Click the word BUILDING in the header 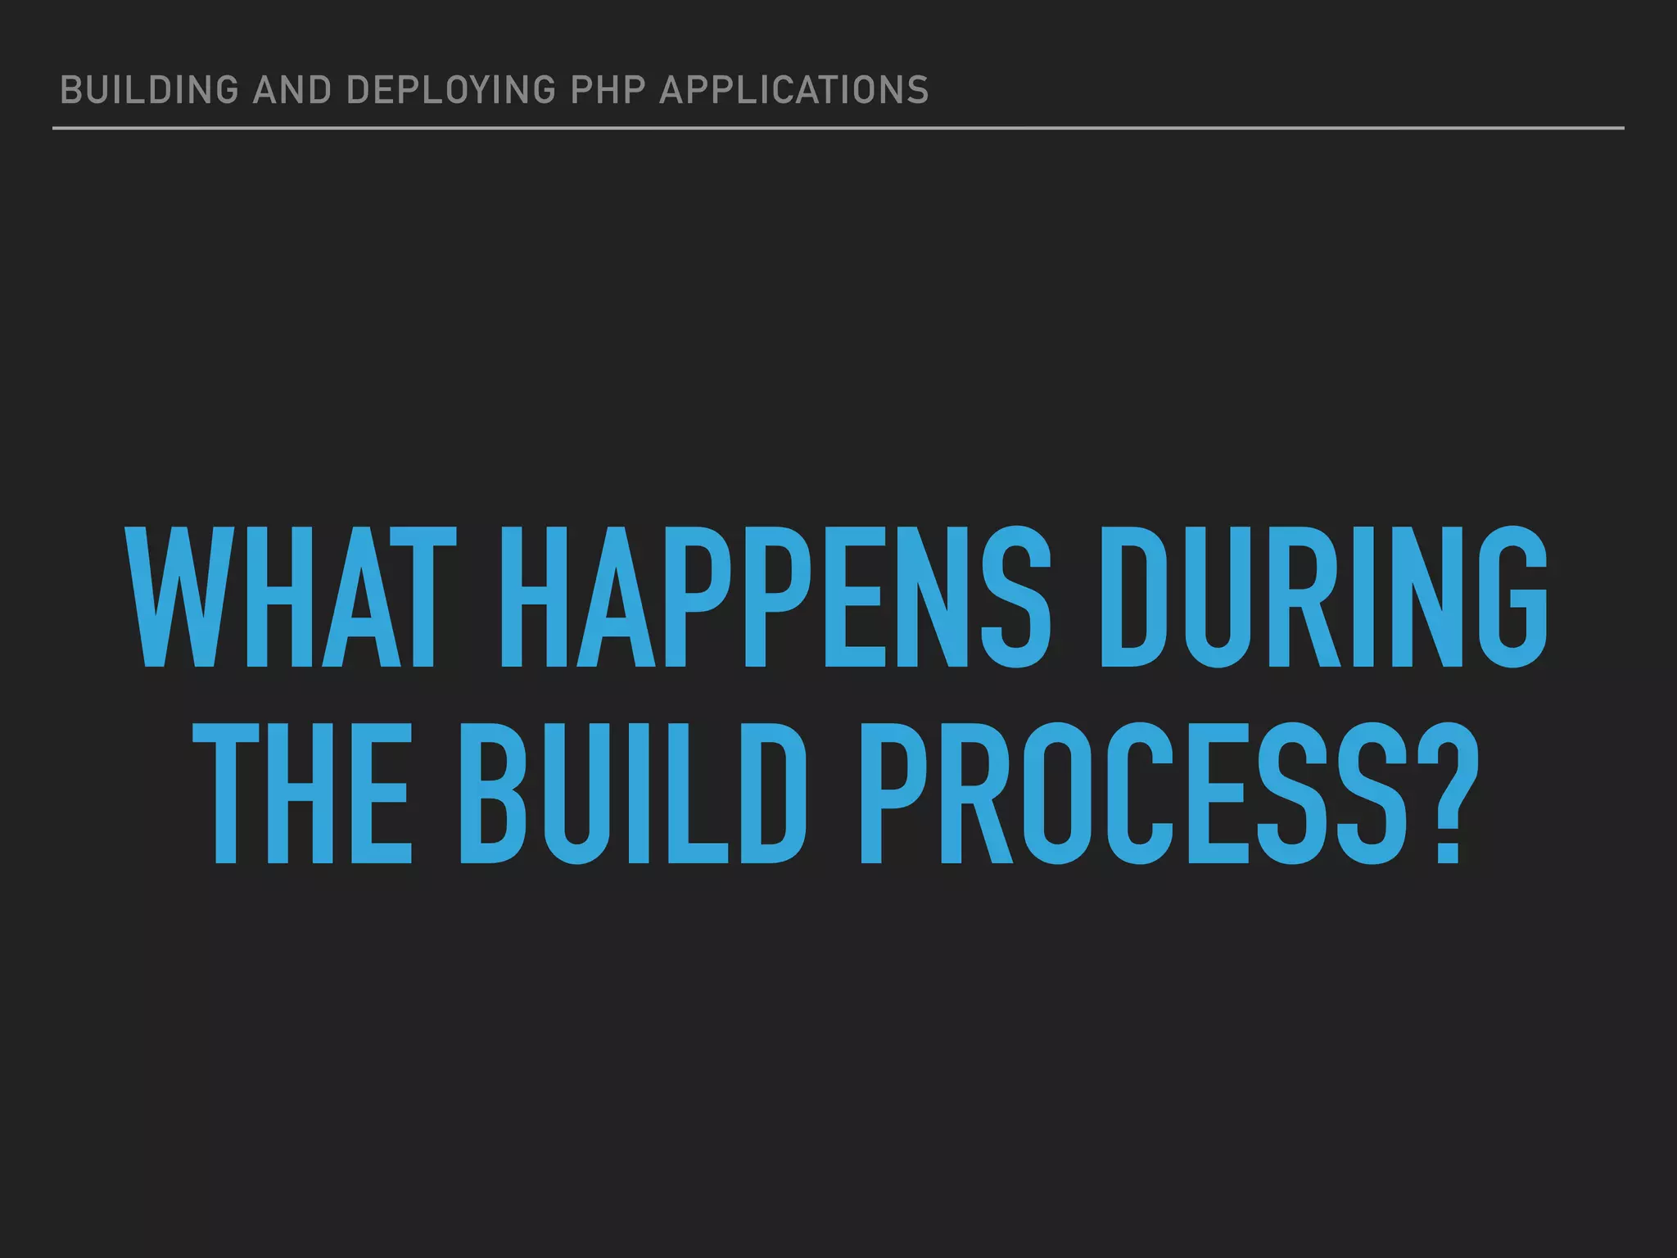pyautogui.click(x=150, y=90)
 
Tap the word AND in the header pyautogui.click(x=292, y=90)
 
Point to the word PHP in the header pyautogui.click(x=607, y=90)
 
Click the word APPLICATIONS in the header pyautogui.click(x=794, y=90)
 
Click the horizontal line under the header pyautogui.click(x=838, y=128)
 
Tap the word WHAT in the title pyautogui.click(x=292, y=598)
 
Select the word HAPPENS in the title pyautogui.click(x=775, y=598)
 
